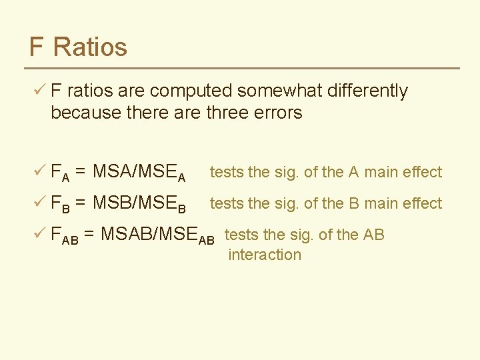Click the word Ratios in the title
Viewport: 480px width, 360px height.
click(x=90, y=47)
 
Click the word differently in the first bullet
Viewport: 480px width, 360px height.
click(x=366, y=91)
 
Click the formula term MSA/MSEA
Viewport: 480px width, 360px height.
click(x=139, y=173)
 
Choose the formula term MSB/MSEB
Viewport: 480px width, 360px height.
click(x=139, y=203)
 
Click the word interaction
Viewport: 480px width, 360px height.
click(x=265, y=255)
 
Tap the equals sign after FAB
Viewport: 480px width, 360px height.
click(x=88, y=235)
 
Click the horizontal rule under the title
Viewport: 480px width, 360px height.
click(x=243, y=68)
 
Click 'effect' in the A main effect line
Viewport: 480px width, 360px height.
click(x=421, y=172)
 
